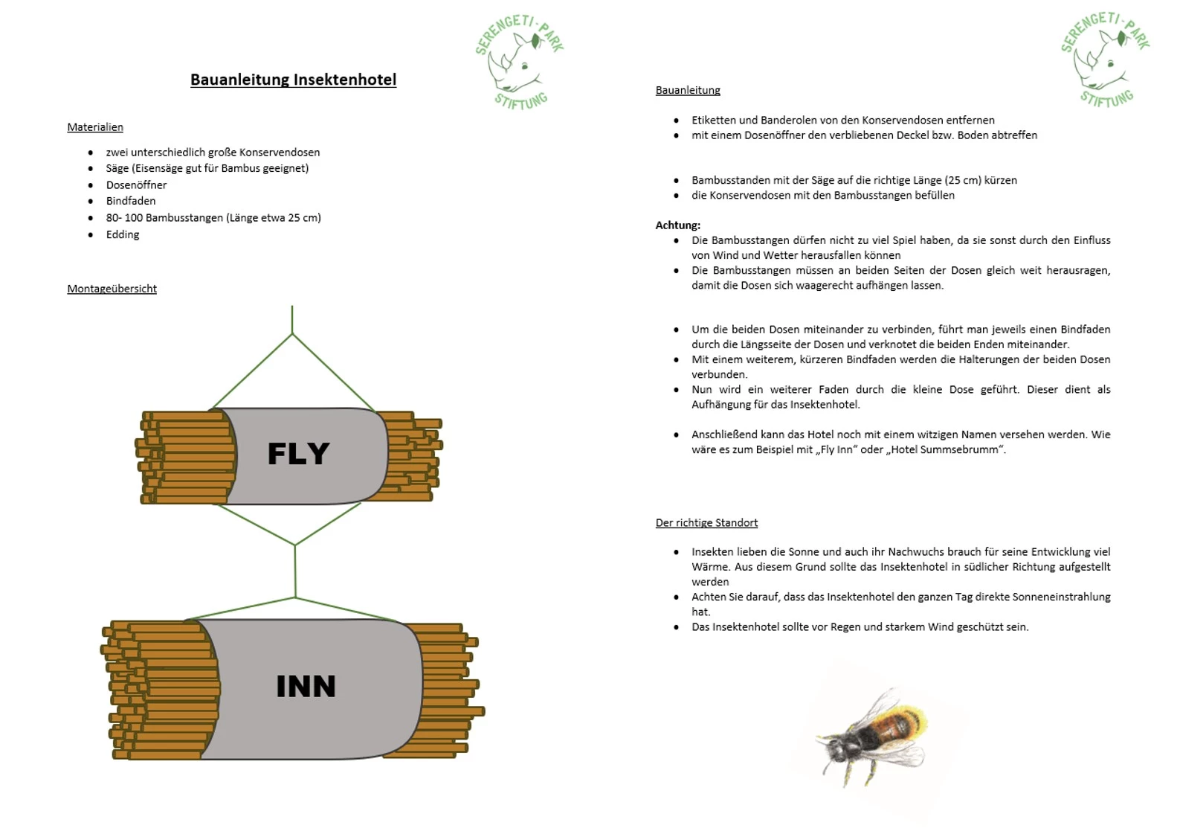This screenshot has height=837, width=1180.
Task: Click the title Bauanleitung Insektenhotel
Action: (293, 80)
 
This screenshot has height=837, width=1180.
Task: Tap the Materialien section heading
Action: (95, 127)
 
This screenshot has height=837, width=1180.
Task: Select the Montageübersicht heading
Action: (112, 289)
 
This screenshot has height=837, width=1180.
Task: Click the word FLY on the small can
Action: (298, 454)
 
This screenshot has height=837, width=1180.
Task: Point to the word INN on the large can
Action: (306, 686)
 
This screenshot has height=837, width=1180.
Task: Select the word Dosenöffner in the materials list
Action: (136, 185)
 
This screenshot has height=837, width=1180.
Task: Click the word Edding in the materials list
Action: (123, 234)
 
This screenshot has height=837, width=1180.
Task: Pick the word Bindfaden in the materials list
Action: (131, 201)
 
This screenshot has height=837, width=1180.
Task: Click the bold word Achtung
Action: (677, 225)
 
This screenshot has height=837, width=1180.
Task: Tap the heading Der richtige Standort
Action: (706, 523)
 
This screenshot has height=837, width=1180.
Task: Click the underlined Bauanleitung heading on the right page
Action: (688, 90)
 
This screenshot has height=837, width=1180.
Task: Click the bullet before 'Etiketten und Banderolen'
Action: (676, 121)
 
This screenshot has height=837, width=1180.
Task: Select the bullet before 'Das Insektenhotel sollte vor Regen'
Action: (676, 627)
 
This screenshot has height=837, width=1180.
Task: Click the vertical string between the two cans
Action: (295, 571)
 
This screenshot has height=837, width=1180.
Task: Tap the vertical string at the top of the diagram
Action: (292, 319)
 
